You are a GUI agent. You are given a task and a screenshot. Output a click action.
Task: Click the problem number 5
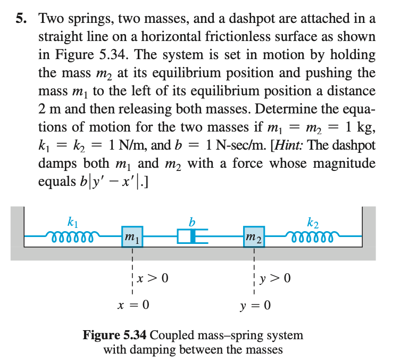click(x=20, y=20)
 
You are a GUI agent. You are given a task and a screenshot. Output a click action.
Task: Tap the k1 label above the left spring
click(x=72, y=220)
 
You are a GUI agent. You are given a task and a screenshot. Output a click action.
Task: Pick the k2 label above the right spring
click(x=313, y=220)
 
